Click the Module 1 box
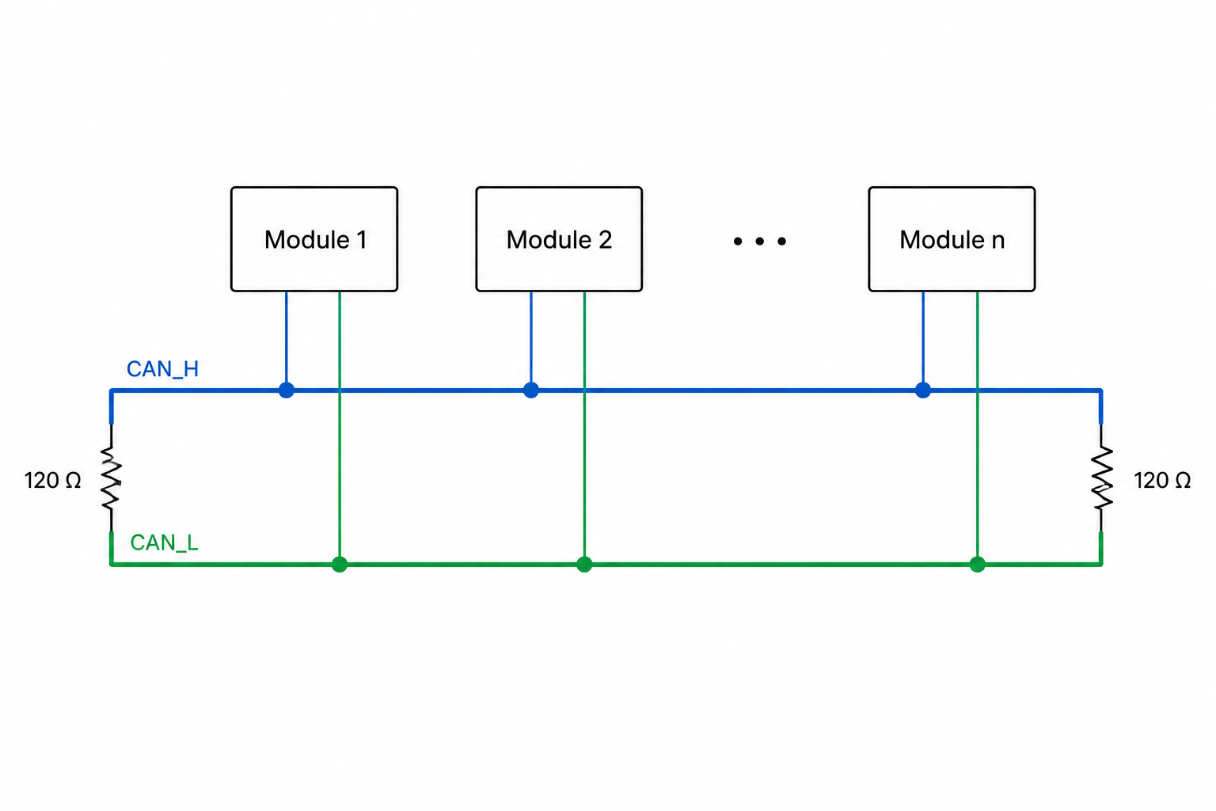[x=313, y=239]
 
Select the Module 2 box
[x=559, y=239]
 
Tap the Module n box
[x=951, y=239]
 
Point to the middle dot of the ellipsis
[x=759, y=242]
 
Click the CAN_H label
[x=162, y=369]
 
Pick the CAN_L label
[x=164, y=543]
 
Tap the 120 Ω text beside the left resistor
[x=53, y=480]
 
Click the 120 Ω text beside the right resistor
[x=1162, y=480]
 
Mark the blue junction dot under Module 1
[x=286, y=390]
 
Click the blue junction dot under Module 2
[x=531, y=390]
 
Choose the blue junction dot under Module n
[x=923, y=390]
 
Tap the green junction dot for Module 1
[x=340, y=565]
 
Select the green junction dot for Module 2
[x=584, y=565]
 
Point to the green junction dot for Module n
[x=977, y=565]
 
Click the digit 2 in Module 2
[x=606, y=239]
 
